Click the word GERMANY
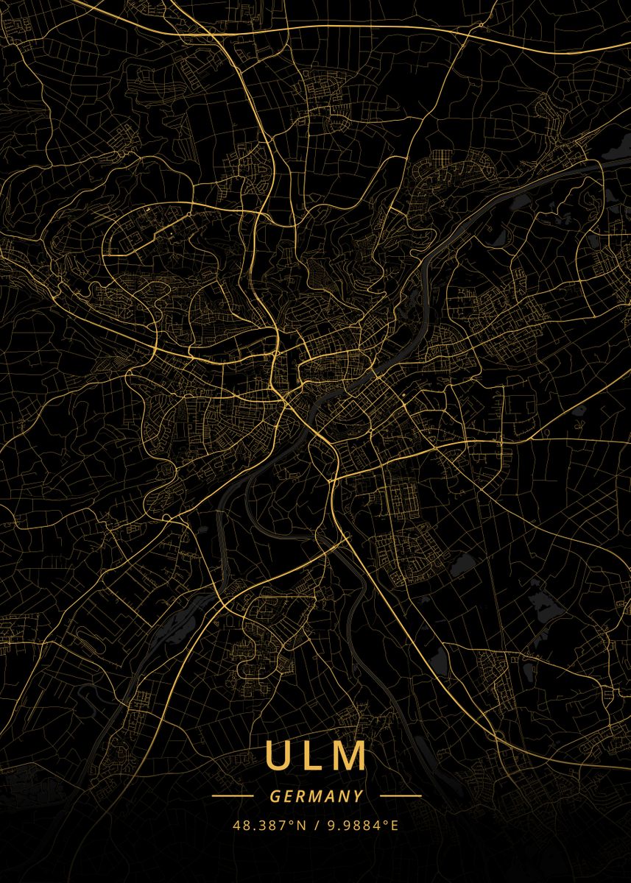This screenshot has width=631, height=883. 317,796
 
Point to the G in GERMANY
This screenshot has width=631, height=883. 275,796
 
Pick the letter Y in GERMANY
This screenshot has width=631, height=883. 358,796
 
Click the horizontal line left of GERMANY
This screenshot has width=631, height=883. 233,796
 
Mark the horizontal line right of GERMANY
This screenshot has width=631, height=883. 401,796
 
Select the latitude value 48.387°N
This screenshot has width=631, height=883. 269,826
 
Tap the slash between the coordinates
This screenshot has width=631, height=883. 315,826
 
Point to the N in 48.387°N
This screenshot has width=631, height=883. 301,826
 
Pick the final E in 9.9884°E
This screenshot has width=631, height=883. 395,826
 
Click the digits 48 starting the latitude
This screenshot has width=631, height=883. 240,826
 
